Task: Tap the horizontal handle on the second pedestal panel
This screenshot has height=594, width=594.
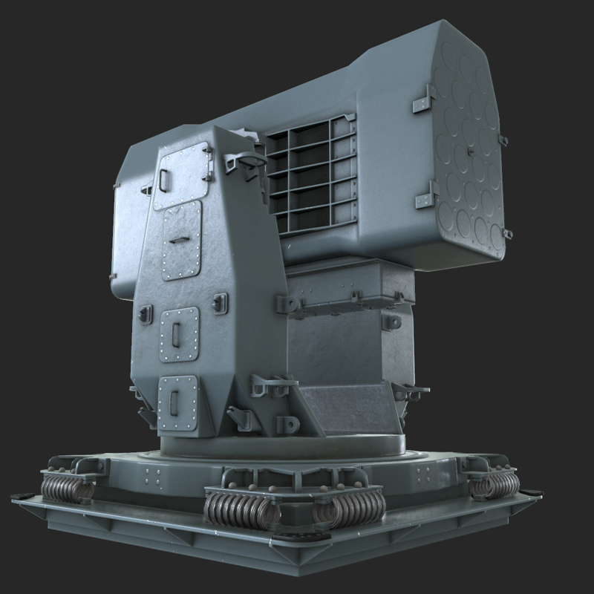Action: click(178, 239)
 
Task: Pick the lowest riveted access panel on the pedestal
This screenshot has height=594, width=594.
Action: click(177, 402)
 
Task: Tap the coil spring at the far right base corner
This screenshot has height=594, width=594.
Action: click(495, 484)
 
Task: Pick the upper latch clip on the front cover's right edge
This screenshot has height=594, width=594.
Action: click(503, 140)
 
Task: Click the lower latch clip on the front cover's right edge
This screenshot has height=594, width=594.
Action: click(508, 234)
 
